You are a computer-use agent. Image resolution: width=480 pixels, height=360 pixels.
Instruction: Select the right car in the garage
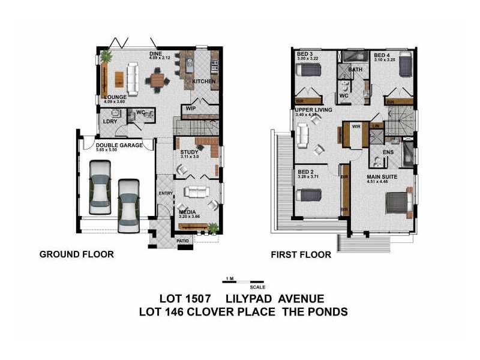pyautogui.click(x=128, y=205)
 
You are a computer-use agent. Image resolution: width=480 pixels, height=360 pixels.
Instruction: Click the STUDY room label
pyautogui.click(x=189, y=152)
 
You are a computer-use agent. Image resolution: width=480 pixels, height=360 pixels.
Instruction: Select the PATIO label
pyautogui.click(x=182, y=241)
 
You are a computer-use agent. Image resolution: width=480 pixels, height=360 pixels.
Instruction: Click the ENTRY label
pyautogui.click(x=165, y=193)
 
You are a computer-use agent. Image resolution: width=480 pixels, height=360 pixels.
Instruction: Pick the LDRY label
pyautogui.click(x=109, y=121)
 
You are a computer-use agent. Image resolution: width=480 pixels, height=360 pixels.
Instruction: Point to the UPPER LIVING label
pyautogui.click(x=313, y=110)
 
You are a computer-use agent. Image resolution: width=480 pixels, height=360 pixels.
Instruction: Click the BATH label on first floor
pyautogui.click(x=356, y=70)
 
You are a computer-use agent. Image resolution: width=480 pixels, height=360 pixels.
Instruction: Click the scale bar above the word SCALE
pyautogui.click(x=243, y=281)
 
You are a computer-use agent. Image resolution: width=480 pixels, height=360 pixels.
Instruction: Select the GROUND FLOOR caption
pyautogui.click(x=76, y=254)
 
